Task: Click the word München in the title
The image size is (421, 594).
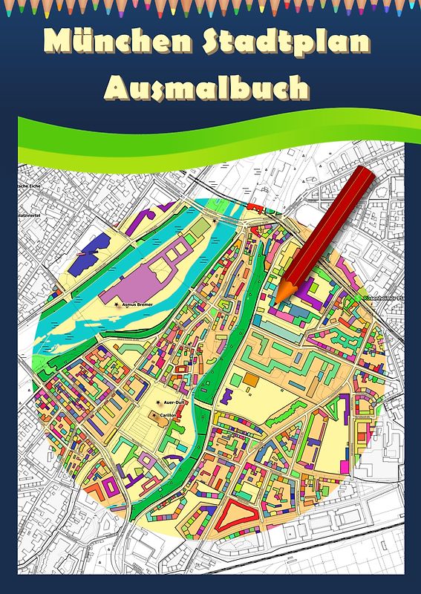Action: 111,42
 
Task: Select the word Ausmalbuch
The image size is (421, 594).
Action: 206,88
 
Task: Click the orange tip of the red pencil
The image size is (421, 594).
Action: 281,296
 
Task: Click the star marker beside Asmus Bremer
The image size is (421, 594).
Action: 115,304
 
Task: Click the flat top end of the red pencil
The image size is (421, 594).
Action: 365,176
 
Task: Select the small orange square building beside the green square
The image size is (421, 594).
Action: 251,379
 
